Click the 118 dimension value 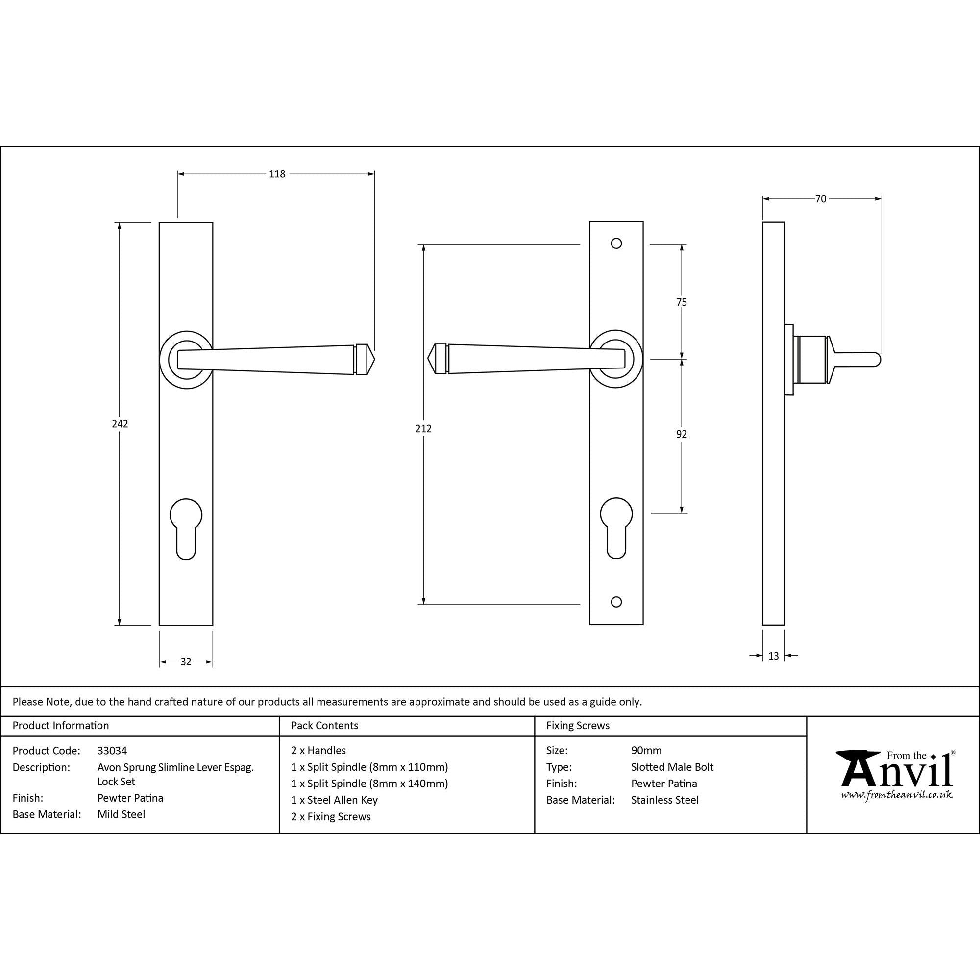[x=277, y=174]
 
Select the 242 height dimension [x=120, y=423]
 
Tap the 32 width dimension [x=186, y=661]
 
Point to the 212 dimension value [x=423, y=429]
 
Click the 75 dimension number [x=681, y=302]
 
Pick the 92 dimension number [x=681, y=434]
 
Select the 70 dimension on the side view [x=821, y=199]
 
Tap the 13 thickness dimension [x=774, y=656]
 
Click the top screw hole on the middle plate [x=616, y=244]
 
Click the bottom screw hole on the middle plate [x=616, y=602]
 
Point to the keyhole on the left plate [x=186, y=528]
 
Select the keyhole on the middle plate [x=616, y=528]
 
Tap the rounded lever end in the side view [x=877, y=360]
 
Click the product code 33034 [x=112, y=750]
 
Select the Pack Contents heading [x=325, y=725]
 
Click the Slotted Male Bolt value [x=672, y=767]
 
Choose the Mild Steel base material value [x=121, y=814]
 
